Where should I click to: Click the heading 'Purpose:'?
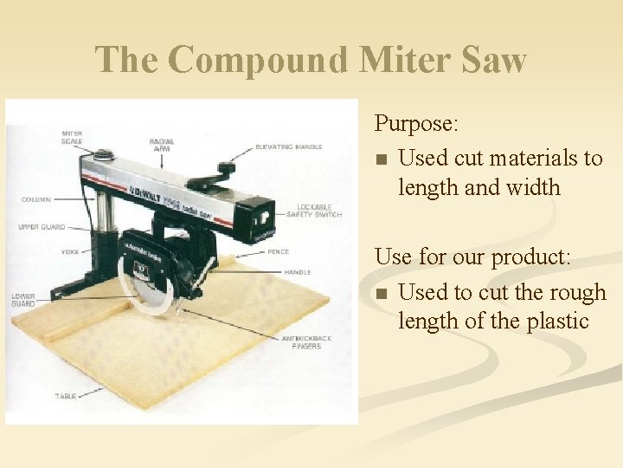[416, 124]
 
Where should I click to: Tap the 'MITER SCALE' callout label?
[72, 138]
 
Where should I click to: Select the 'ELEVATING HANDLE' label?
[288, 147]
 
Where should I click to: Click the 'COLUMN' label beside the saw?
[35, 199]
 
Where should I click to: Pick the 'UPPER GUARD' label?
[41, 227]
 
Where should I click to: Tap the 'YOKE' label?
[70, 252]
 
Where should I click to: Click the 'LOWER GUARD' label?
[23, 299]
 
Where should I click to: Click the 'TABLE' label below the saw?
[66, 396]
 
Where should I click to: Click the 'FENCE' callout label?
[279, 252]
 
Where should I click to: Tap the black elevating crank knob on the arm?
[227, 167]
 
